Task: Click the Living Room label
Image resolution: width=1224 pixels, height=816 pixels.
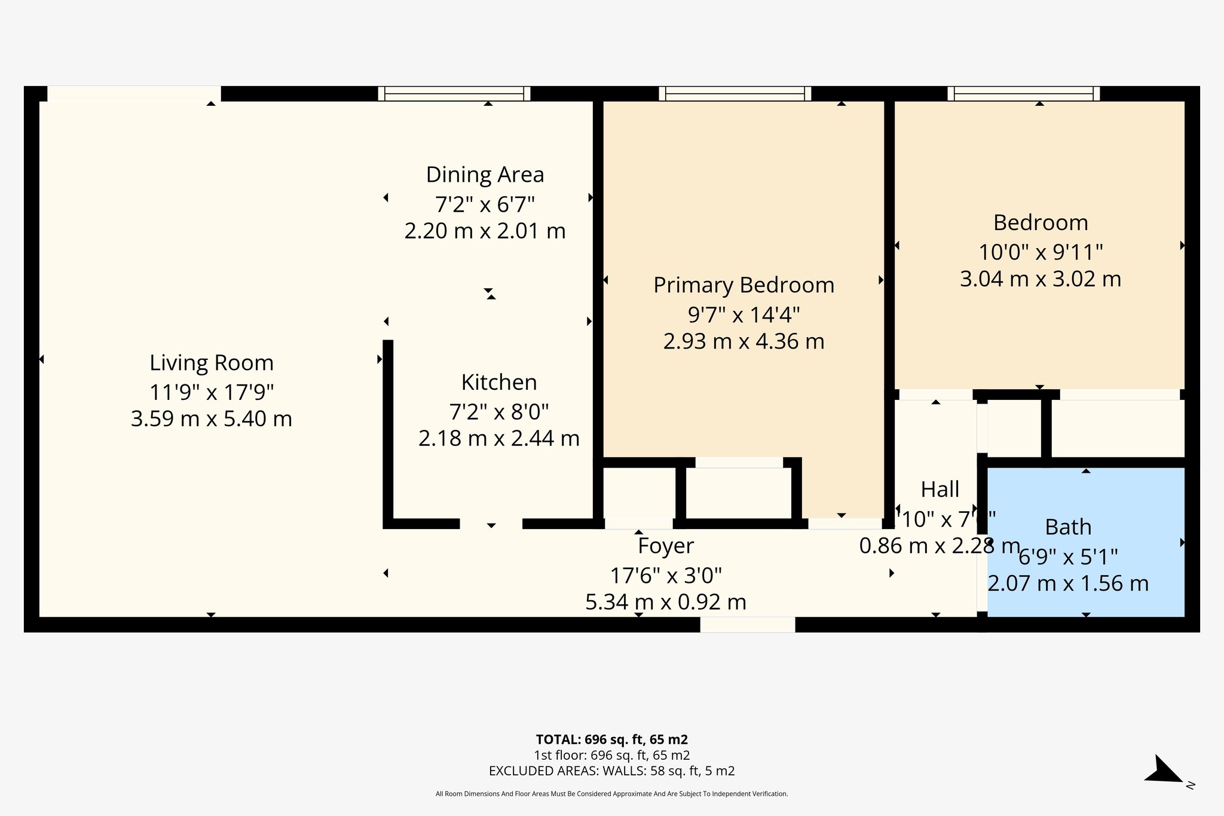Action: [x=211, y=363]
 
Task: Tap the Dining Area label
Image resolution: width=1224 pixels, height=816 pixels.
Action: [x=485, y=175]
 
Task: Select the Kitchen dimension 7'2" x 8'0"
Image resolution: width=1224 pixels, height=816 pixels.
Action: [x=498, y=412]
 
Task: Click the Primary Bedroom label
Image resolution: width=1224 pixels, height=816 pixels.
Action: [x=743, y=285]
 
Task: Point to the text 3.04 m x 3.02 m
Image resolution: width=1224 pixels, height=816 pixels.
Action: [x=1040, y=279]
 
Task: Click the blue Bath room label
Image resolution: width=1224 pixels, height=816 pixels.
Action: [x=1068, y=527]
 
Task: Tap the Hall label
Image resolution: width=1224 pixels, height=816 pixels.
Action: [x=940, y=490]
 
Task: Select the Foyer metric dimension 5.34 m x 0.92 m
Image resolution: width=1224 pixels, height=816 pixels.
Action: [x=665, y=602]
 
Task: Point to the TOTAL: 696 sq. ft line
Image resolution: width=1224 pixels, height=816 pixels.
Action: [x=611, y=739]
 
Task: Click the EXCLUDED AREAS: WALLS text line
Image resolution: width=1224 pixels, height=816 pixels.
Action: [x=611, y=771]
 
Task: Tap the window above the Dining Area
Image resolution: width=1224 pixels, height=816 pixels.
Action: [x=454, y=93]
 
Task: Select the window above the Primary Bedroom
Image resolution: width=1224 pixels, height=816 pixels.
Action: [x=735, y=93]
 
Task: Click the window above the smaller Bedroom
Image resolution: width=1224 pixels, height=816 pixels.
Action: [x=1023, y=93]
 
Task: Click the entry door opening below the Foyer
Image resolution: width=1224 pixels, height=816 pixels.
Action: [x=747, y=625]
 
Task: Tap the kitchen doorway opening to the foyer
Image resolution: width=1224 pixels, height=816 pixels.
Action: [x=491, y=524]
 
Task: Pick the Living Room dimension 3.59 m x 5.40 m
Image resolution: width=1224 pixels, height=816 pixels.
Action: [x=211, y=418]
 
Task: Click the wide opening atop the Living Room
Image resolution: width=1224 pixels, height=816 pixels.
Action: [x=134, y=93]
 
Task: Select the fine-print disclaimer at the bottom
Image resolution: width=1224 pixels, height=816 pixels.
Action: [x=611, y=794]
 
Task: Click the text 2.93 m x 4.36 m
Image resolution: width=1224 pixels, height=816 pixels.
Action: [x=743, y=341]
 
